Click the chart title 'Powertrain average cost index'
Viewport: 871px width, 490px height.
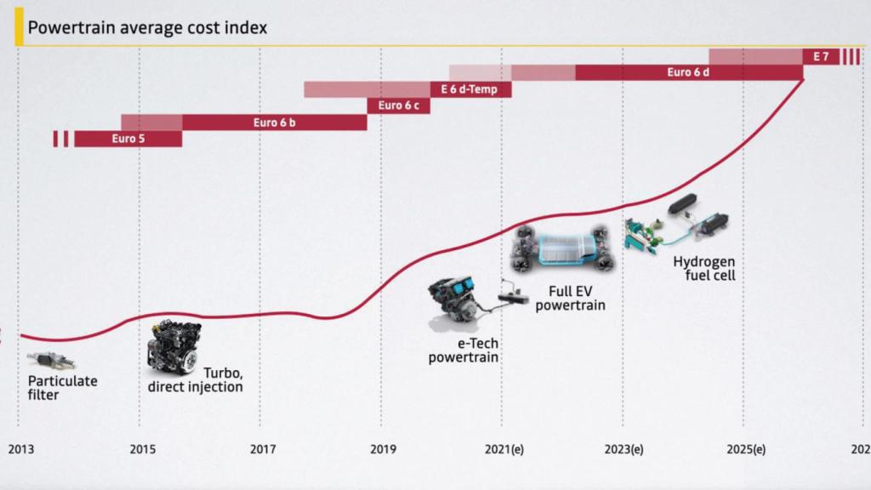point(147,28)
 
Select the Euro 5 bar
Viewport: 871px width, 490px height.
point(128,139)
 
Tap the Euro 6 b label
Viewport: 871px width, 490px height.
point(274,122)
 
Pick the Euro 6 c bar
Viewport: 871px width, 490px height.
point(398,105)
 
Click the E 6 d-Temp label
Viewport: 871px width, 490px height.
point(470,89)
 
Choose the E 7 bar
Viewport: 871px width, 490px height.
point(821,56)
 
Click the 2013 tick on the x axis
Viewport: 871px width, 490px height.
point(20,448)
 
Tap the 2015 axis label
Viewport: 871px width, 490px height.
point(142,448)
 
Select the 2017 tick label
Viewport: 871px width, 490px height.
point(263,448)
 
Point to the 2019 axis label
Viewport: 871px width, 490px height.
point(384,448)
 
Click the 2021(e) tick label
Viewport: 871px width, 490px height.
point(504,448)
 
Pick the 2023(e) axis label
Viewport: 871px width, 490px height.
point(624,448)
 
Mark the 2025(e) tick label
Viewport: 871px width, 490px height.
point(746,448)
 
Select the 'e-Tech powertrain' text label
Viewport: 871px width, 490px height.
point(464,350)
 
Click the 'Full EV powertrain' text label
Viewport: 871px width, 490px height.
point(571,297)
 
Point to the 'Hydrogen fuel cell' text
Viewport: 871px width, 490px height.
point(703,268)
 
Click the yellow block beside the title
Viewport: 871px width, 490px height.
point(19,27)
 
